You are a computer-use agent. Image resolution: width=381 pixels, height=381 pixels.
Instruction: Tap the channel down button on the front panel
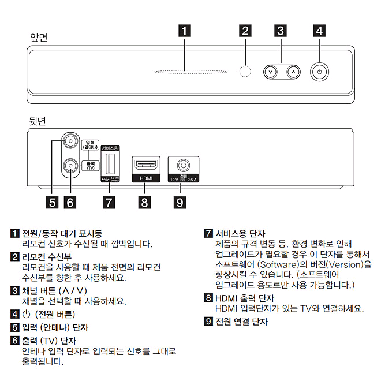tap(270, 72)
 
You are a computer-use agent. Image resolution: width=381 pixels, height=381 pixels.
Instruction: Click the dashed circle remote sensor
tap(246, 72)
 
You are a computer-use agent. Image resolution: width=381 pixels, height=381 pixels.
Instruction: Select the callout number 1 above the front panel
tap(184, 32)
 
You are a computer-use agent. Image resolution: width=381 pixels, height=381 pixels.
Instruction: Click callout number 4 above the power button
tap(319, 32)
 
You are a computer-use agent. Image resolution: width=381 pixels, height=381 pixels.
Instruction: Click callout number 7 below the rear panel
tap(108, 202)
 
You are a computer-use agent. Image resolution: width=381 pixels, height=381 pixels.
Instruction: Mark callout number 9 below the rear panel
tap(180, 202)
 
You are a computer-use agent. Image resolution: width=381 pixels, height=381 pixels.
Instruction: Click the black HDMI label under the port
tap(145, 179)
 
